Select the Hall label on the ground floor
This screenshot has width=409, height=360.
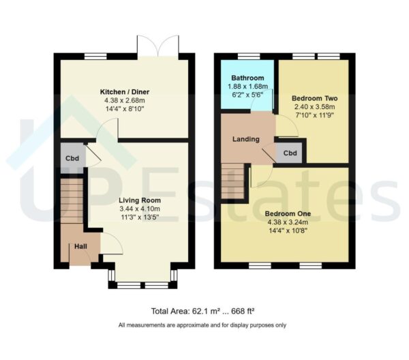coord(80,245)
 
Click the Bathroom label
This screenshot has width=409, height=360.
coord(247,78)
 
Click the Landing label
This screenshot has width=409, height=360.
coord(246,139)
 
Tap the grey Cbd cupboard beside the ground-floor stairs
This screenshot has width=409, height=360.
coord(71,158)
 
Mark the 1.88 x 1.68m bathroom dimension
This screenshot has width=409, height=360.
coord(247,87)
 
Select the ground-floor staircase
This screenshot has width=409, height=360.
coord(71,202)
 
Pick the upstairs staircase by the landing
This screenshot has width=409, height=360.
coord(232,181)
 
